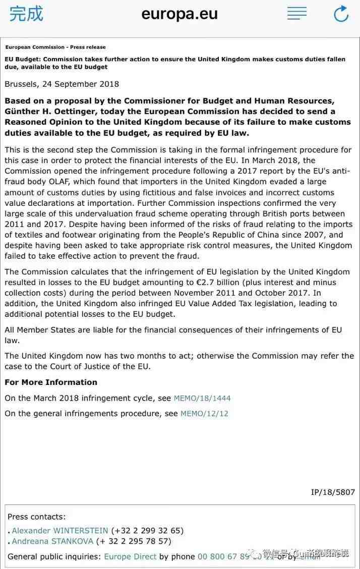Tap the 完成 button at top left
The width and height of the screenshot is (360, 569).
tap(26, 14)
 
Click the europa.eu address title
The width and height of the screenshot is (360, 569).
tap(179, 14)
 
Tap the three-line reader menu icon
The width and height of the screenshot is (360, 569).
tap(297, 14)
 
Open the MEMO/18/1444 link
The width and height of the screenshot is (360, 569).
tap(202, 399)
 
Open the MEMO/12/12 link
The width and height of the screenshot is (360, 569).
tap(204, 414)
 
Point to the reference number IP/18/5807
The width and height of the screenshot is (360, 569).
tap(333, 492)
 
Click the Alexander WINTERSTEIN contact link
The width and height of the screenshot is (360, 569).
tap(60, 531)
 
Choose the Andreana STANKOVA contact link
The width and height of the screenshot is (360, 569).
tap(52, 541)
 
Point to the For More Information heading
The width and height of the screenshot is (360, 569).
tap(51, 382)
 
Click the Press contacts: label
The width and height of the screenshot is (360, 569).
tap(36, 517)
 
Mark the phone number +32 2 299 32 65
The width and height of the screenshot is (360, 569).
tap(147, 531)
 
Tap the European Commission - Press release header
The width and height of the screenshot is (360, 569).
tap(55, 47)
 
